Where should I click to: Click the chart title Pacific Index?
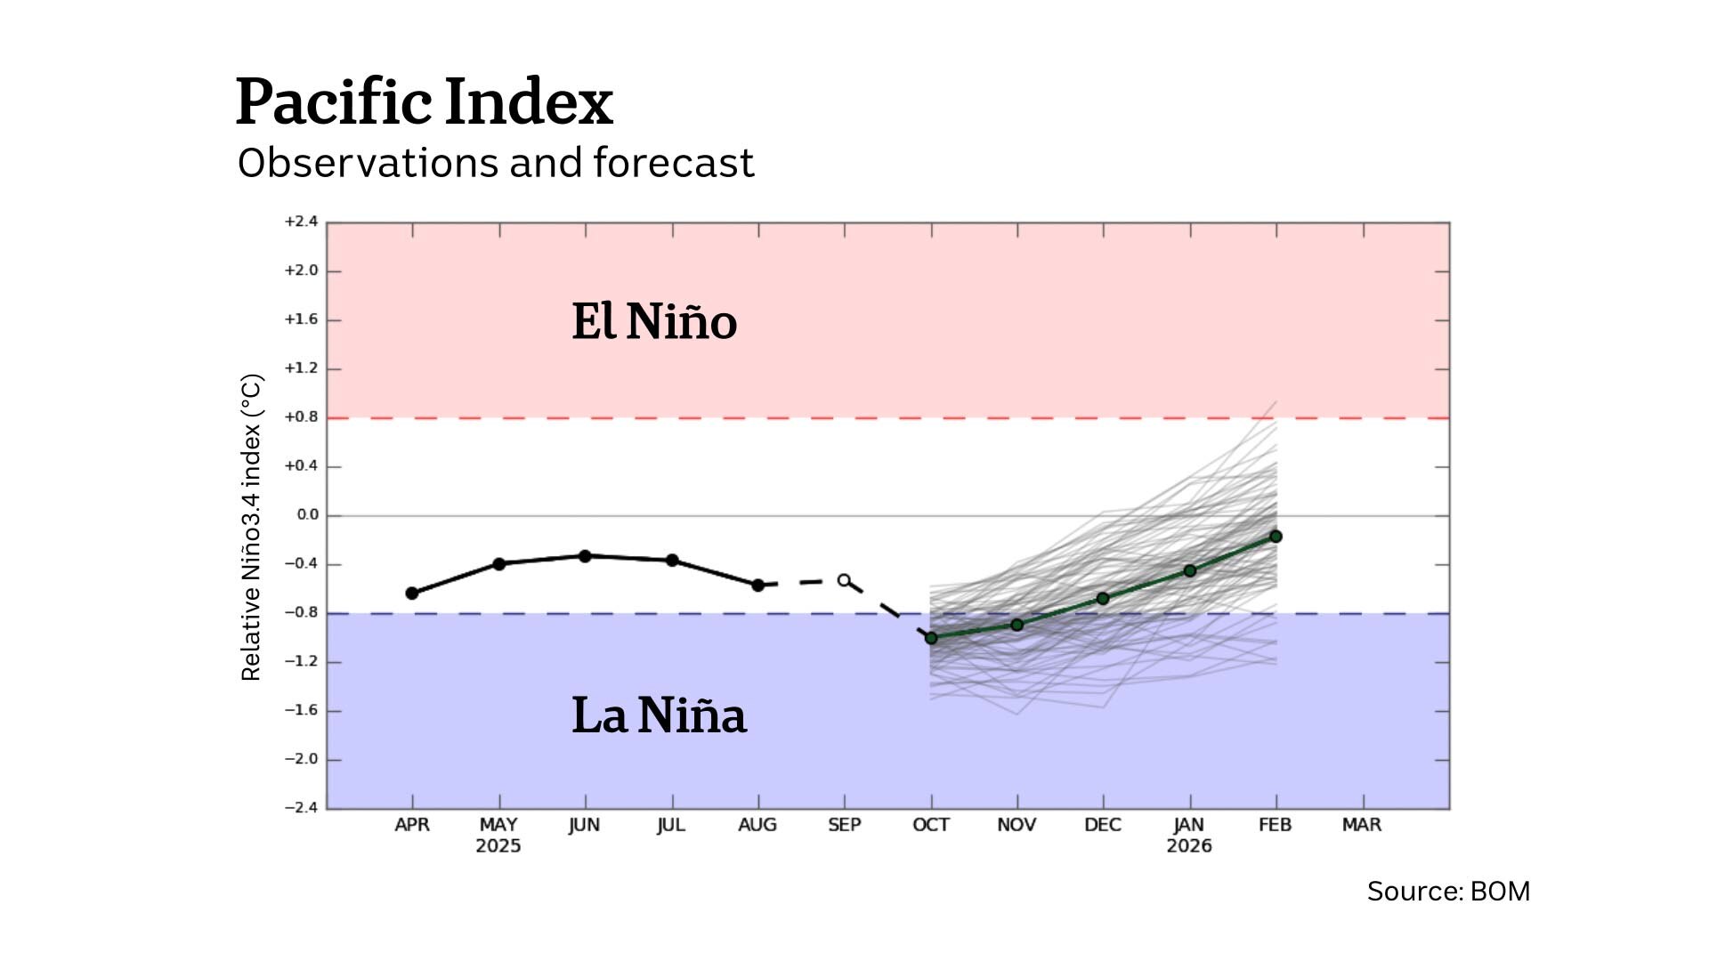(x=424, y=101)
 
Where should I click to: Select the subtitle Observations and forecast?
(x=495, y=164)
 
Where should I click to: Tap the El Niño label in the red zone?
(x=654, y=321)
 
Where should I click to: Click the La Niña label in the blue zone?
(x=659, y=715)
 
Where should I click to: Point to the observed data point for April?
(x=412, y=594)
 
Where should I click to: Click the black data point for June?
(x=585, y=556)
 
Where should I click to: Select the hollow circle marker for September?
(x=844, y=580)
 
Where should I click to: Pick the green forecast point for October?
(x=931, y=638)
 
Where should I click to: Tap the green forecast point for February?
(x=1276, y=537)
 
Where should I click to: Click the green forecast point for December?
(x=1103, y=599)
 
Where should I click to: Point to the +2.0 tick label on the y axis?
(x=301, y=271)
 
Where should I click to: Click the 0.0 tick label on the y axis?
(x=307, y=515)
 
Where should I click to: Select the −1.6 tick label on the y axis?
(x=301, y=710)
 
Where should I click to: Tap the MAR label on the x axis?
(x=1361, y=825)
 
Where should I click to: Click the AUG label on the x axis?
(x=757, y=825)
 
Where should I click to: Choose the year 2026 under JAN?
(x=1189, y=846)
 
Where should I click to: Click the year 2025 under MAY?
(x=498, y=846)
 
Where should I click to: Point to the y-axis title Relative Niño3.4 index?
(x=251, y=528)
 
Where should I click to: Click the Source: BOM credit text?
(x=1448, y=892)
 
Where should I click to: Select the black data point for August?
(x=758, y=585)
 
